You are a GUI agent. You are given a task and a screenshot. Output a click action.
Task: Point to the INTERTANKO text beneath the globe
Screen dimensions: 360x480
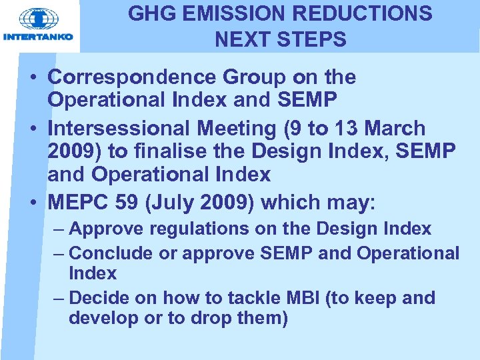coord(39,37)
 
